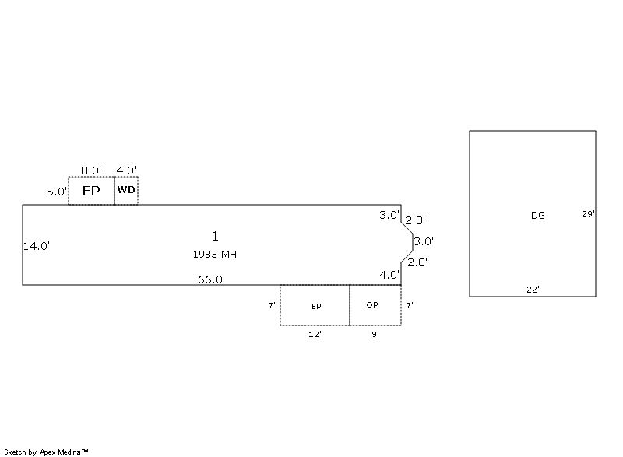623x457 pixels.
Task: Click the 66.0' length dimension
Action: pos(211,279)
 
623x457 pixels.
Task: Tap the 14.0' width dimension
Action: pos(36,246)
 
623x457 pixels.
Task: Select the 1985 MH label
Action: pos(215,254)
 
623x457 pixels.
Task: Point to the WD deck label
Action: pos(126,190)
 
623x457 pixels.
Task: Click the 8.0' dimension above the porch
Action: pos(91,170)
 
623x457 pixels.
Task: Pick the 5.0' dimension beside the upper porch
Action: pos(57,192)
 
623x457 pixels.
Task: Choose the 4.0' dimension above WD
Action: pos(126,170)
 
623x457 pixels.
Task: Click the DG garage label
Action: pos(538,215)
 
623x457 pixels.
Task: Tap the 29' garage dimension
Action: pos(588,214)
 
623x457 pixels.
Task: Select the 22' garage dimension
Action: pos(533,290)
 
